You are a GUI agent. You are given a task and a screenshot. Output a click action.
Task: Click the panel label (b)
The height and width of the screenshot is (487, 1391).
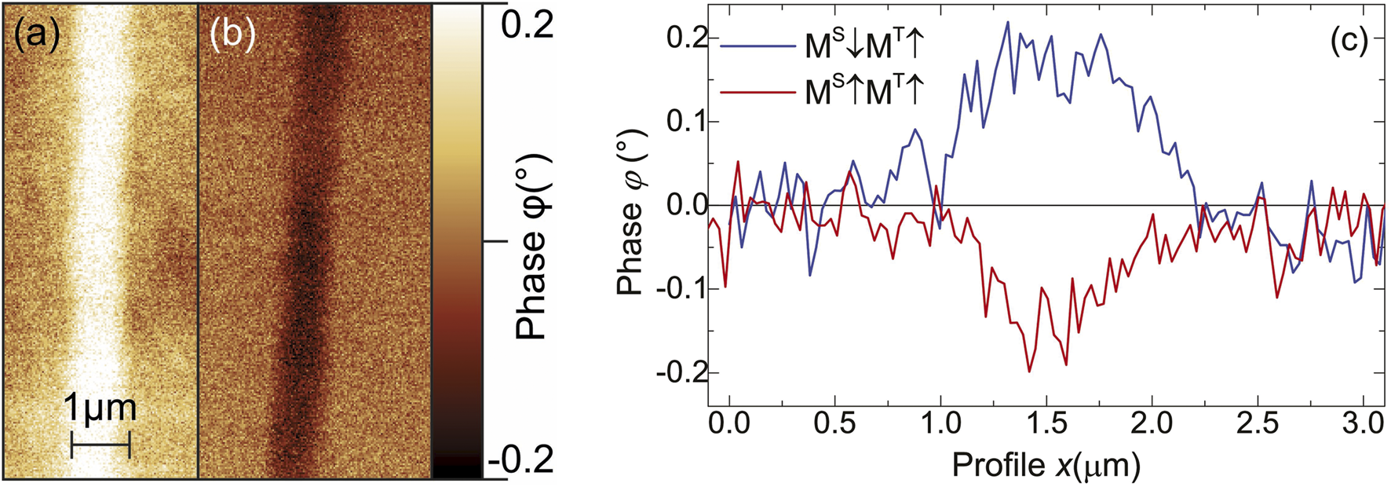[x=233, y=37]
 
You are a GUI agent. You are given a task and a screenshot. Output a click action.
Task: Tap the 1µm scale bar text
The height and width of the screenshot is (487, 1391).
[x=100, y=409]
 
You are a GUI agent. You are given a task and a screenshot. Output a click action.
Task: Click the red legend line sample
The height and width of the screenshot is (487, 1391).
[x=758, y=92]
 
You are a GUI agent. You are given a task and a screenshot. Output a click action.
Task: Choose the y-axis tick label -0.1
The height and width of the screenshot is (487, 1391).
[x=681, y=289]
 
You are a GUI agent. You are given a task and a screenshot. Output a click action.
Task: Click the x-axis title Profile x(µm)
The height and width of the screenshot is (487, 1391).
[x=1046, y=466]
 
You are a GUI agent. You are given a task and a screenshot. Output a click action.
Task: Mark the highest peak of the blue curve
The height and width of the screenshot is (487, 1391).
[x=1008, y=22]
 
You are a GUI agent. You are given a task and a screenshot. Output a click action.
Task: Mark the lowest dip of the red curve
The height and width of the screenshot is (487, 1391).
[x=1029, y=372]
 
